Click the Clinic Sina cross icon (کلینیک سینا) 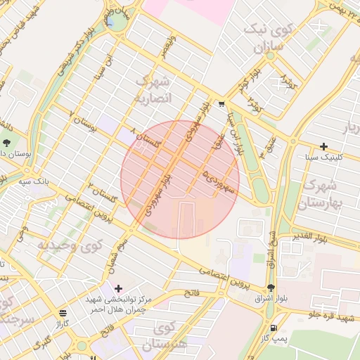click(323, 146)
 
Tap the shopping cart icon click(221, 104)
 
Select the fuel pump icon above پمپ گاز click(272, 328)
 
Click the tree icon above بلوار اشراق click(271, 288)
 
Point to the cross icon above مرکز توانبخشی click(118, 288)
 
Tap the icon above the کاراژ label click(63, 313)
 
